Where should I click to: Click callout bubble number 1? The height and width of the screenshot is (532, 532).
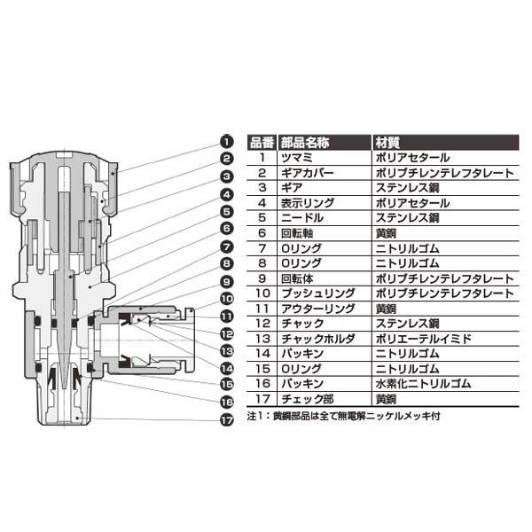pos(227,142)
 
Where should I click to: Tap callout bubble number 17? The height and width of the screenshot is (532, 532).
pos(227,420)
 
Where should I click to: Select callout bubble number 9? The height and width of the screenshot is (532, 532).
pos(227,282)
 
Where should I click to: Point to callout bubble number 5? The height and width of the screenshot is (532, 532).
pos(227,212)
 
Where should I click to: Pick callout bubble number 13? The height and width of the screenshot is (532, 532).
pos(227,351)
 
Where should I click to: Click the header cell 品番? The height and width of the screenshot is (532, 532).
pos(262,143)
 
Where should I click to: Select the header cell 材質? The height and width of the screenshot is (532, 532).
pos(387,143)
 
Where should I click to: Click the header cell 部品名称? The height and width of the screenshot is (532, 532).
pos(305,143)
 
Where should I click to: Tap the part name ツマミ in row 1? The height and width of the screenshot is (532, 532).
pos(297,158)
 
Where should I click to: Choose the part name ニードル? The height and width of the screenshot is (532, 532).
pos(302,218)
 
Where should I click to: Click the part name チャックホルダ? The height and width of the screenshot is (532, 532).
pos(318,339)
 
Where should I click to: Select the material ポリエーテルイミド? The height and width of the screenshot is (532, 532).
pos(424,339)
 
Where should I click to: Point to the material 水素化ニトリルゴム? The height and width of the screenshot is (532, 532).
pos(423,384)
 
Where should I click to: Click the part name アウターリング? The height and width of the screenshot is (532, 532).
pos(318,309)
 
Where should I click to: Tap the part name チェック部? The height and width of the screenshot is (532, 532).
pos(308,399)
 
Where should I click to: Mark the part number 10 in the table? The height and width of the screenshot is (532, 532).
pos(262,293)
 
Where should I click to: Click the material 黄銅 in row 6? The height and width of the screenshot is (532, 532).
pos(386,233)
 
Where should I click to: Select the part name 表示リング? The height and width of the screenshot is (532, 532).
pos(308,203)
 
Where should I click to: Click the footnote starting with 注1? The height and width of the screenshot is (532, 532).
pos(343,416)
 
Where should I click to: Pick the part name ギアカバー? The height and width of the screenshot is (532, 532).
pos(308,173)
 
